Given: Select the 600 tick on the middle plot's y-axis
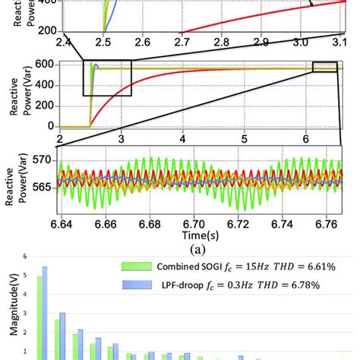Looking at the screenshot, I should [x=43, y=66].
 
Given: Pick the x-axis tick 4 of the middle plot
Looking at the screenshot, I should [x=183, y=139].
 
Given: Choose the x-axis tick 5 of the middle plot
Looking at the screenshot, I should [x=245, y=139].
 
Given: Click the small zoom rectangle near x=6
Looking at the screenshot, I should [x=324, y=68].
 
